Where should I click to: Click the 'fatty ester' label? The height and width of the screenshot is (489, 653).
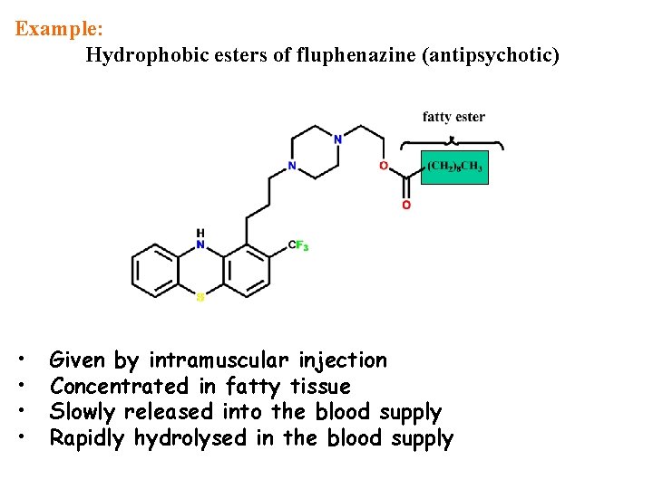tap(453, 117)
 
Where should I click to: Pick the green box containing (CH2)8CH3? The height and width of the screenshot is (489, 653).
tap(454, 168)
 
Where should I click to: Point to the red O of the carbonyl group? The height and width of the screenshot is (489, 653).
tap(405, 206)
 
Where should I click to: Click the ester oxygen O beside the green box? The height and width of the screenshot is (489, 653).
tap(384, 167)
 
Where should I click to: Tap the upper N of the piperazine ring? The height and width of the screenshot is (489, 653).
tap(337, 139)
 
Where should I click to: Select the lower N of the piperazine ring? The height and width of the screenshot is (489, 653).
tap(291, 167)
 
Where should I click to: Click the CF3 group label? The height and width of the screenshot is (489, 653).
tap(298, 245)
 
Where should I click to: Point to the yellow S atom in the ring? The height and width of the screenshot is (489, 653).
tap(200, 296)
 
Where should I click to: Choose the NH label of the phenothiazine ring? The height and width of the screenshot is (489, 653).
tap(200, 239)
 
